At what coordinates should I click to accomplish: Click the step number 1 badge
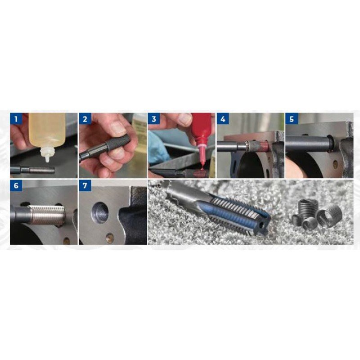[16, 119]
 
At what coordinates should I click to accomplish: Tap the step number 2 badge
[85, 119]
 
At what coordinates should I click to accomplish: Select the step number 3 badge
[154, 119]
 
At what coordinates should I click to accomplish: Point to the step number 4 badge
[223, 119]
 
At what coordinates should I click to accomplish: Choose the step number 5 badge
[292, 119]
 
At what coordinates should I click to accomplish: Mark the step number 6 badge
[16, 185]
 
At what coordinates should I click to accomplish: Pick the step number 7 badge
[85, 185]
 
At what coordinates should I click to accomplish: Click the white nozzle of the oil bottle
[48, 154]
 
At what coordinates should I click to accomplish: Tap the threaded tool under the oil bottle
[32, 170]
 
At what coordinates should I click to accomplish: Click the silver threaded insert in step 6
[46, 215]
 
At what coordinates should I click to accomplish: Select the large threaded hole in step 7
[100, 212]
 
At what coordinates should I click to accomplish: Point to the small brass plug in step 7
[110, 238]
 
